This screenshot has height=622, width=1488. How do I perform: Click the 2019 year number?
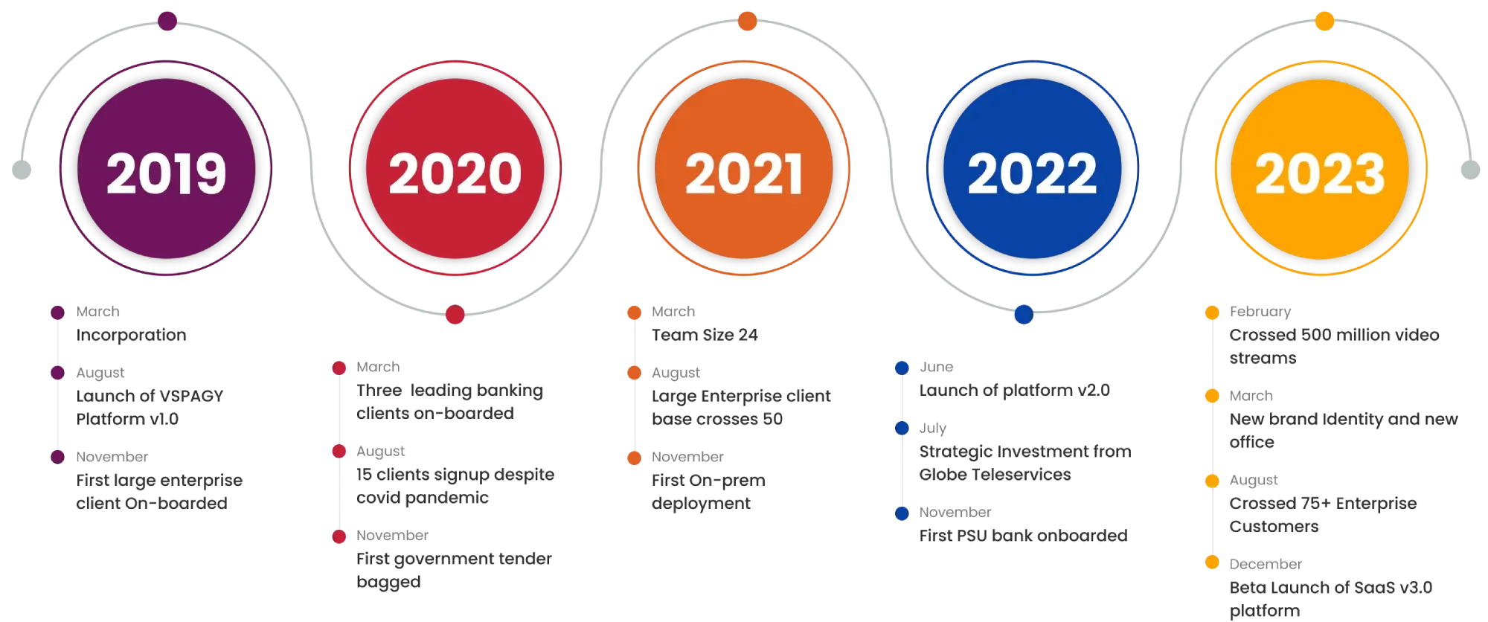[x=166, y=173]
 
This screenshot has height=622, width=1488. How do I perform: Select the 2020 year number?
[x=455, y=173]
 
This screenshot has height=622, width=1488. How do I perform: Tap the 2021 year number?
[x=744, y=173]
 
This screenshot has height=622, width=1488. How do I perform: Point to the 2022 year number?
[x=1032, y=173]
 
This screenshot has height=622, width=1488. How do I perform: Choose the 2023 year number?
[x=1321, y=173]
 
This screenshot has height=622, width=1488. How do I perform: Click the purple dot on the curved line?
[x=167, y=21]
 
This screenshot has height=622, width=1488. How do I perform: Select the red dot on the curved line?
[x=455, y=315]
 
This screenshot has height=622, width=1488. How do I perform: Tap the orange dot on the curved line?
[x=747, y=21]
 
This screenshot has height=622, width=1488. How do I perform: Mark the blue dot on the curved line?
[x=1024, y=315]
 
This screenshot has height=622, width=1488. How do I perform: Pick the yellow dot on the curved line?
[x=1324, y=21]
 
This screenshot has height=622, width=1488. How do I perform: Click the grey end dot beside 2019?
[x=21, y=170]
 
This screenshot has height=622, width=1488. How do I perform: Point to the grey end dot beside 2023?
[x=1469, y=170]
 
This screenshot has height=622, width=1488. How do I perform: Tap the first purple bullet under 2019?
[x=57, y=312]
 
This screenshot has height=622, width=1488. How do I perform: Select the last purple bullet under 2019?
[x=57, y=456]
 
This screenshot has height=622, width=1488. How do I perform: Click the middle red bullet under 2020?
[x=339, y=451]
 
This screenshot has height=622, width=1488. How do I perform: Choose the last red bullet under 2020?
[x=339, y=536]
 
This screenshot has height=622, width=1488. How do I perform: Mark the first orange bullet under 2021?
[x=634, y=312]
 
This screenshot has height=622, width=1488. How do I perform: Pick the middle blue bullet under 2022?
[x=902, y=428]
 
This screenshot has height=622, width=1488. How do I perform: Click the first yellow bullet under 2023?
[x=1212, y=312]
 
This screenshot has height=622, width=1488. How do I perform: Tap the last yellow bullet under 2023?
[x=1212, y=562]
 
